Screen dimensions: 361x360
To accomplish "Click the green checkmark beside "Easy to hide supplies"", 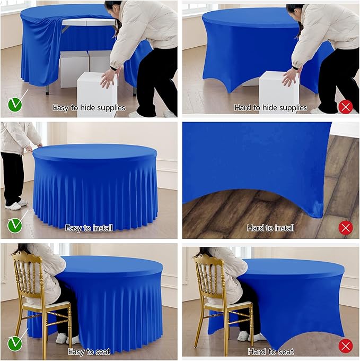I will pyautogui.click(x=15, y=105).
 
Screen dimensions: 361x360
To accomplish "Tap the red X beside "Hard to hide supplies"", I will pyautogui.click(x=346, y=107).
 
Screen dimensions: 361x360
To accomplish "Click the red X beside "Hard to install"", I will pyautogui.click(x=346, y=228).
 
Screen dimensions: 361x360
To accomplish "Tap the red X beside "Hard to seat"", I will pyautogui.click(x=346, y=346).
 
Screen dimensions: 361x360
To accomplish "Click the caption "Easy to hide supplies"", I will pyautogui.click(x=89, y=108).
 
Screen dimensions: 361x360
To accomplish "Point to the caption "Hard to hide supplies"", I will pyautogui.click(x=270, y=108).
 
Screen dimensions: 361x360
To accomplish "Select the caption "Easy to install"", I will pyautogui.click(x=89, y=228).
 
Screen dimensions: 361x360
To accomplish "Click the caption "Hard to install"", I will pyautogui.click(x=270, y=228).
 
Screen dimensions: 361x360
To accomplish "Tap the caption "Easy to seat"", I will pyautogui.click(x=89, y=351).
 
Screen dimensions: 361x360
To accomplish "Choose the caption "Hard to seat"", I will pyautogui.click(x=270, y=351).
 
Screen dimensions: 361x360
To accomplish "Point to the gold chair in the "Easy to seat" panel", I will pyautogui.click(x=40, y=297).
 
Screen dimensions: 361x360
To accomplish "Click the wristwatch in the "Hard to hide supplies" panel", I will pyautogui.click(x=295, y=68).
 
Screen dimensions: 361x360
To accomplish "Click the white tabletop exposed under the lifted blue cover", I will pyautogui.click(x=87, y=22).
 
